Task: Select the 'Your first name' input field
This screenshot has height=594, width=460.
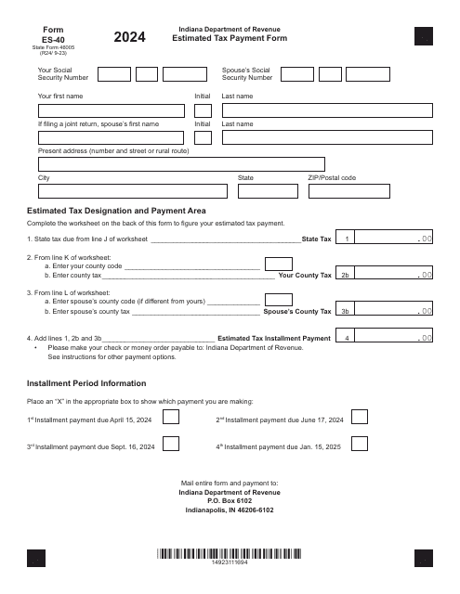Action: [x=112, y=110]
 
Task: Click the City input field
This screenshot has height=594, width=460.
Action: [x=132, y=191]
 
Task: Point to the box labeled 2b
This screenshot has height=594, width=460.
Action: [x=345, y=276]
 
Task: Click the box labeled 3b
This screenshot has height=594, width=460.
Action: [x=345, y=312]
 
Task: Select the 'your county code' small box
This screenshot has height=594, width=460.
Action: [x=278, y=264]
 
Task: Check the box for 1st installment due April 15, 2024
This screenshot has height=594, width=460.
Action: [x=171, y=419]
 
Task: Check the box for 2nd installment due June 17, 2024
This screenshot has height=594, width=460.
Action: [x=359, y=419]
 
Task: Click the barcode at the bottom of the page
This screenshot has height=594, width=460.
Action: [x=230, y=554]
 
